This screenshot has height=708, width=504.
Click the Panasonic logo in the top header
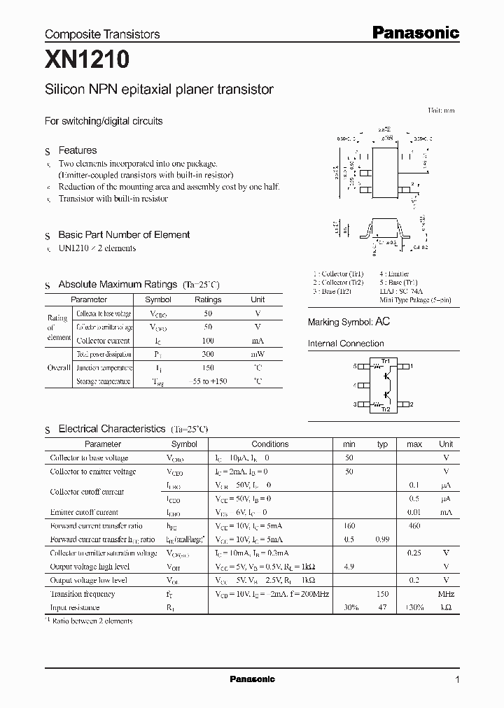pos(415,32)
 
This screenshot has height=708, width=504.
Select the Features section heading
pos(77,150)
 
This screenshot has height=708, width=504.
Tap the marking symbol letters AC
pos(383,322)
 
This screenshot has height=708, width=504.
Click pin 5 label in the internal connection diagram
pos(355,366)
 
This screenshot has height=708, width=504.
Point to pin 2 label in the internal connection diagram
pos(412,404)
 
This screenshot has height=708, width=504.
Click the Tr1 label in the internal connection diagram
pos(385,360)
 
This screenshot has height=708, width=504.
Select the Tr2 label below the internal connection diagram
pos(385,409)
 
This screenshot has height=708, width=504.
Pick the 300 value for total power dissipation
pos(207,355)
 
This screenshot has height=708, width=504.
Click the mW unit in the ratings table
pos(258,355)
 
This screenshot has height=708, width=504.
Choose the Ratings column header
pos(207,299)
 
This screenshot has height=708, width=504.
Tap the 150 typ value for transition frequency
pos(382,594)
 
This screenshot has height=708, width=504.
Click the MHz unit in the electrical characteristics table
pos(445,594)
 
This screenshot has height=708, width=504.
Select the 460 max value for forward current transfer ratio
pos(414,525)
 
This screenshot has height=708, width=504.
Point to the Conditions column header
pos(269,444)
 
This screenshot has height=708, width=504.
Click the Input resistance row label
pos(75,608)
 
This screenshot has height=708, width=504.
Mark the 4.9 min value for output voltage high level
pos(349,567)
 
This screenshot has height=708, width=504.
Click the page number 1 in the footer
pos(457,679)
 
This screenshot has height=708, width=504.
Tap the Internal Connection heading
pos(346,344)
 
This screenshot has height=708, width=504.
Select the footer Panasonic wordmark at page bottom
pos(252,679)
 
